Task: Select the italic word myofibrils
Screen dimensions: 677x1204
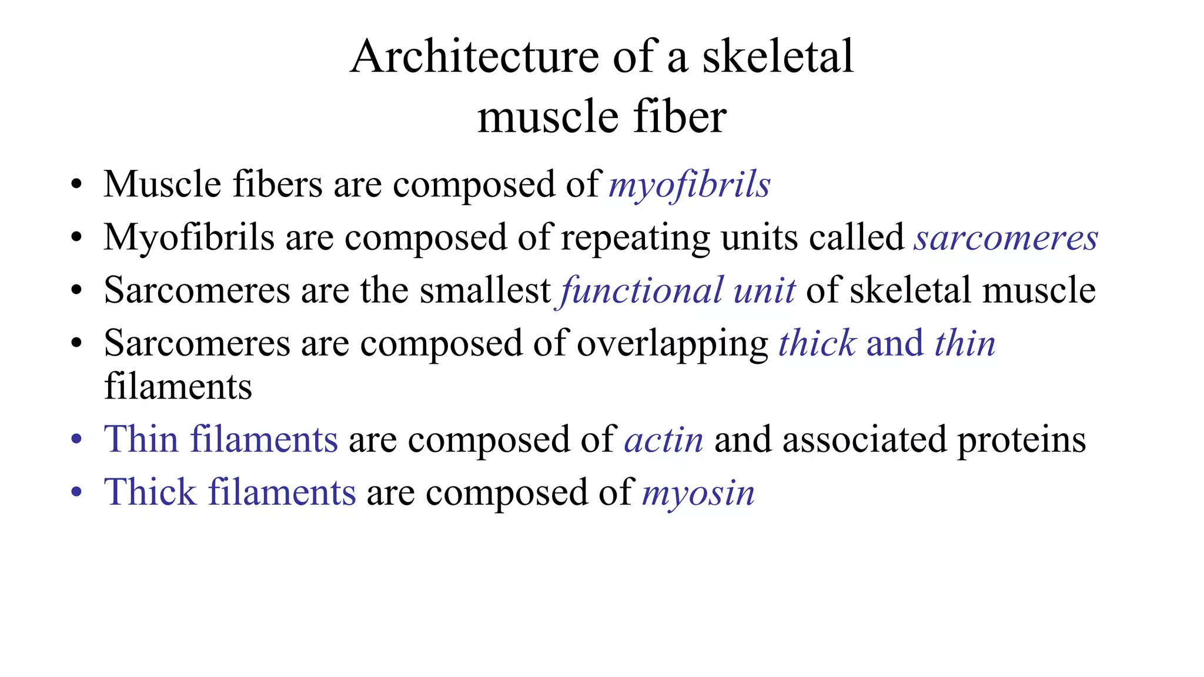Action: tap(689, 185)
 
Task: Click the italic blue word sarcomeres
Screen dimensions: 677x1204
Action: tap(1005, 238)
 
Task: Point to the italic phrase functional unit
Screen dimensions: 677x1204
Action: tap(677, 291)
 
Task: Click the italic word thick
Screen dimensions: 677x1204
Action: tap(817, 344)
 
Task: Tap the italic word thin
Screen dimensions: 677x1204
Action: tap(965, 344)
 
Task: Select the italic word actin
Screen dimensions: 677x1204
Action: tap(664, 440)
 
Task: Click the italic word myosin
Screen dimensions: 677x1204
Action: tap(698, 493)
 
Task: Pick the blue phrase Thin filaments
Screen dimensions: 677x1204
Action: tap(221, 440)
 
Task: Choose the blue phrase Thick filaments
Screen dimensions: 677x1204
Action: tap(230, 492)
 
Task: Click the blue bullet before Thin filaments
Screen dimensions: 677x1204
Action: tap(76, 440)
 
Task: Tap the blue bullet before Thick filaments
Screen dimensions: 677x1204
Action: tap(76, 493)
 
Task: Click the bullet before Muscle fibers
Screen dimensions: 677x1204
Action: tap(76, 185)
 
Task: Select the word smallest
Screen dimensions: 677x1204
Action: tap(485, 290)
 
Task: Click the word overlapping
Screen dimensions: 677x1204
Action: tap(673, 344)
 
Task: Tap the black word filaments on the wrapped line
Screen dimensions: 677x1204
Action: tap(178, 387)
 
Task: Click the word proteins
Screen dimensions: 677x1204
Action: tap(1022, 440)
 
